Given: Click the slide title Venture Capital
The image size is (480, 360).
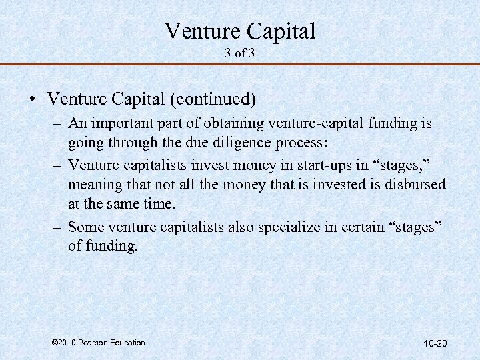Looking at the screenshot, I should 240,31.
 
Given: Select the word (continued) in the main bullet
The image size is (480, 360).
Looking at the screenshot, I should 214,99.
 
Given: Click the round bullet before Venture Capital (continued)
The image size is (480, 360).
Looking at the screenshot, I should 32,100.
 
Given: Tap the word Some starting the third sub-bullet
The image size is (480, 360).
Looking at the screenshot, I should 85,227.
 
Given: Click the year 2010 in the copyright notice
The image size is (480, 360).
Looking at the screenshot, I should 67,343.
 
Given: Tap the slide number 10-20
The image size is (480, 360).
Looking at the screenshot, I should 435,344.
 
